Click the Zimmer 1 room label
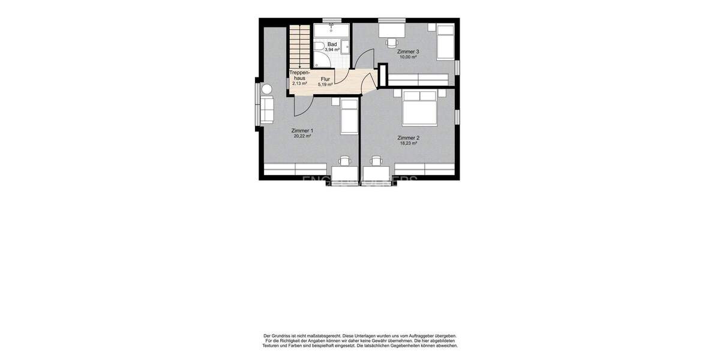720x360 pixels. [x=302, y=130]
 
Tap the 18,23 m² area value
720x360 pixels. [x=409, y=143]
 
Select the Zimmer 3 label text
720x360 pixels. [x=408, y=52]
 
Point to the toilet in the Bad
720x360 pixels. [x=319, y=46]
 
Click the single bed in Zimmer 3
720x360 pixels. [x=445, y=42]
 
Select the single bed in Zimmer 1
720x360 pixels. [x=349, y=116]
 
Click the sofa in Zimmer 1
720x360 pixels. [x=266, y=110]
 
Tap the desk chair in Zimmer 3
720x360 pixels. [x=391, y=42]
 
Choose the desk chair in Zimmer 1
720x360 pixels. [x=345, y=161]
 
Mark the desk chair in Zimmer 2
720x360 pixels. [x=376, y=161]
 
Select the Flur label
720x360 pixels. [x=325, y=79]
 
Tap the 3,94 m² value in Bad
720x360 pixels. [x=332, y=50]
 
